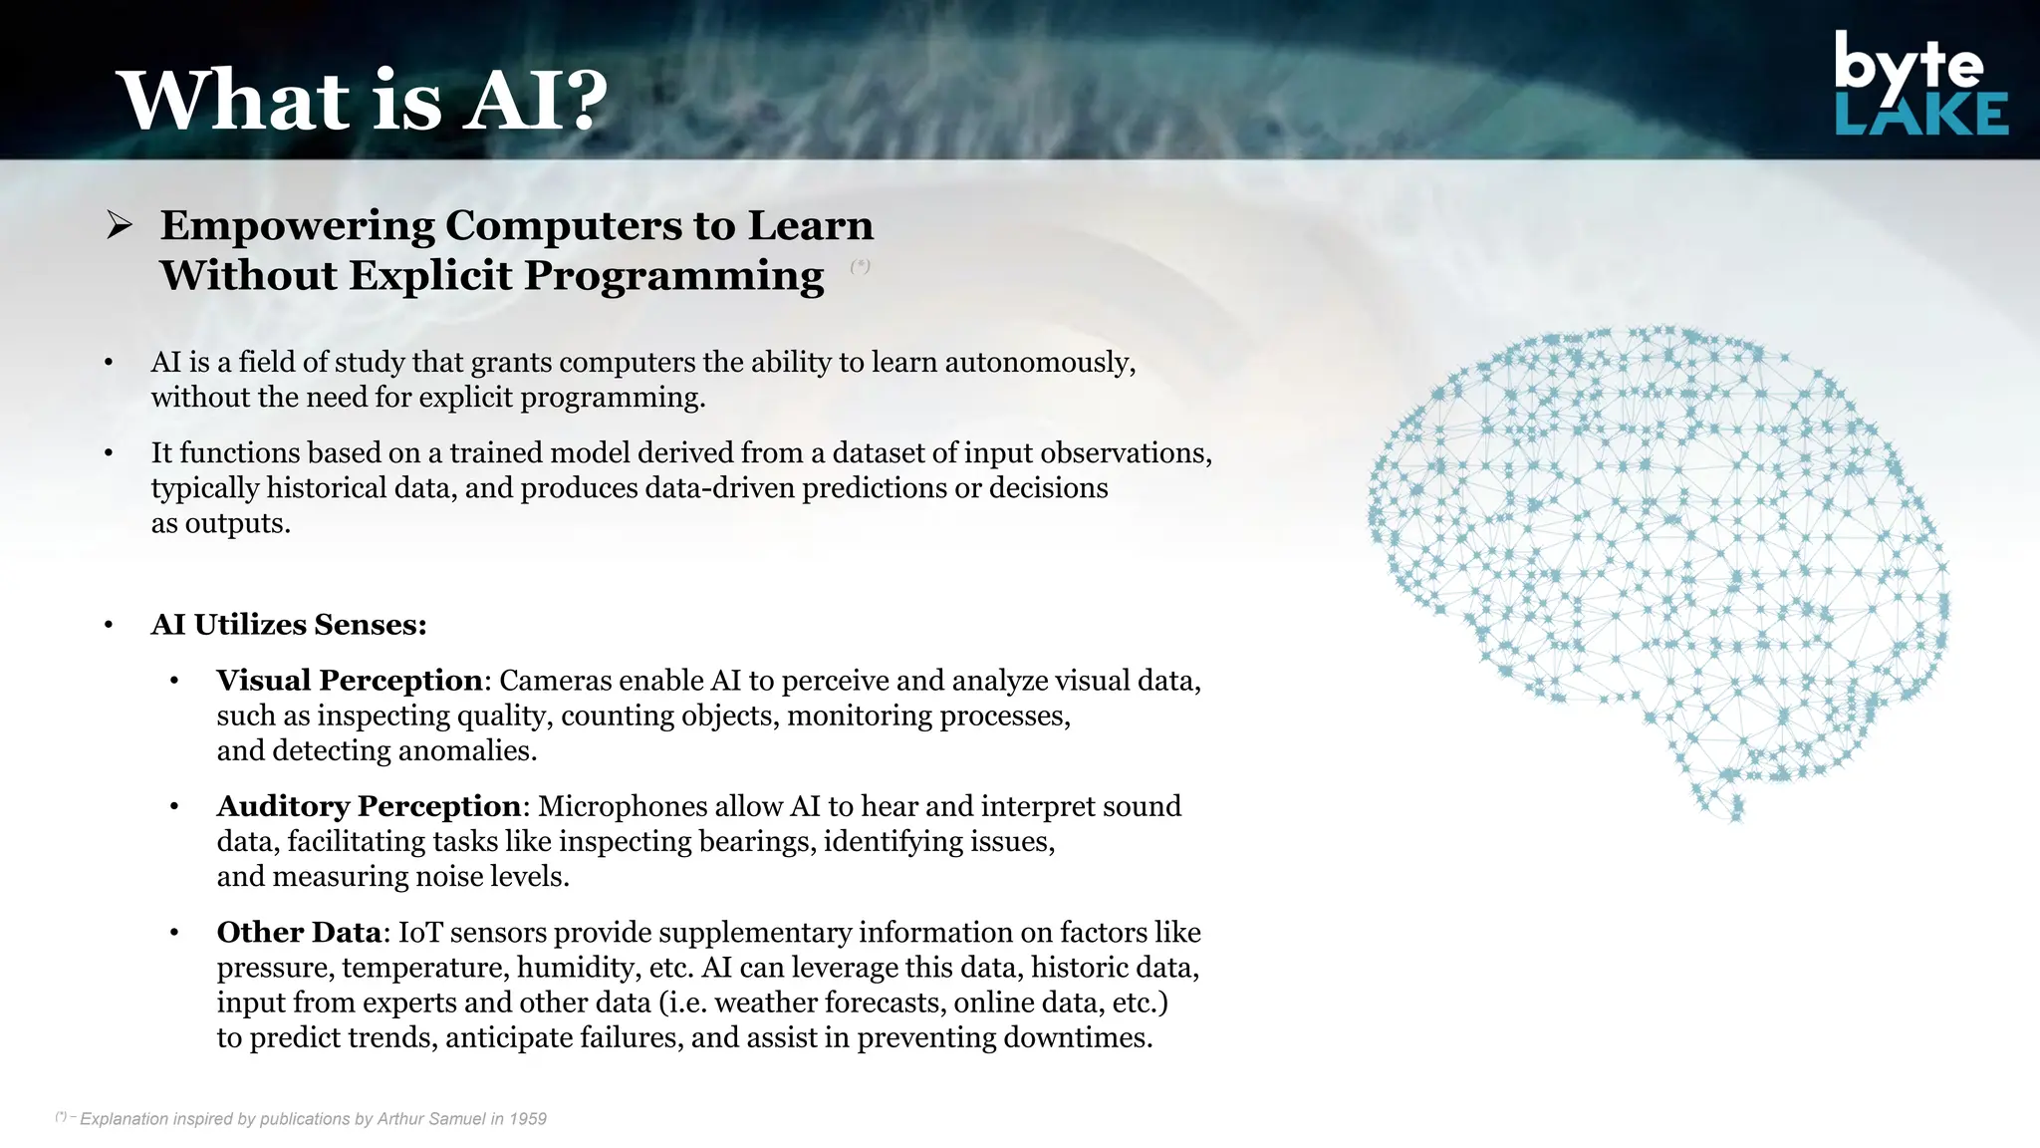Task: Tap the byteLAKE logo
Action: (x=1920, y=85)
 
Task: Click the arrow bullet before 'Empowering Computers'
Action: (x=120, y=226)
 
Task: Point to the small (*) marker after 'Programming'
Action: (x=861, y=266)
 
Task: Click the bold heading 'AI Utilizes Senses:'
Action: (x=289, y=625)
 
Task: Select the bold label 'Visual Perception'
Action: (x=350, y=681)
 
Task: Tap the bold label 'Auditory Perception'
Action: (x=369, y=806)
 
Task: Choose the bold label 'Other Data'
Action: (x=299, y=933)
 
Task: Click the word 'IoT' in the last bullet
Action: (x=420, y=933)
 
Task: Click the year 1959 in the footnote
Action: (x=528, y=1119)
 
